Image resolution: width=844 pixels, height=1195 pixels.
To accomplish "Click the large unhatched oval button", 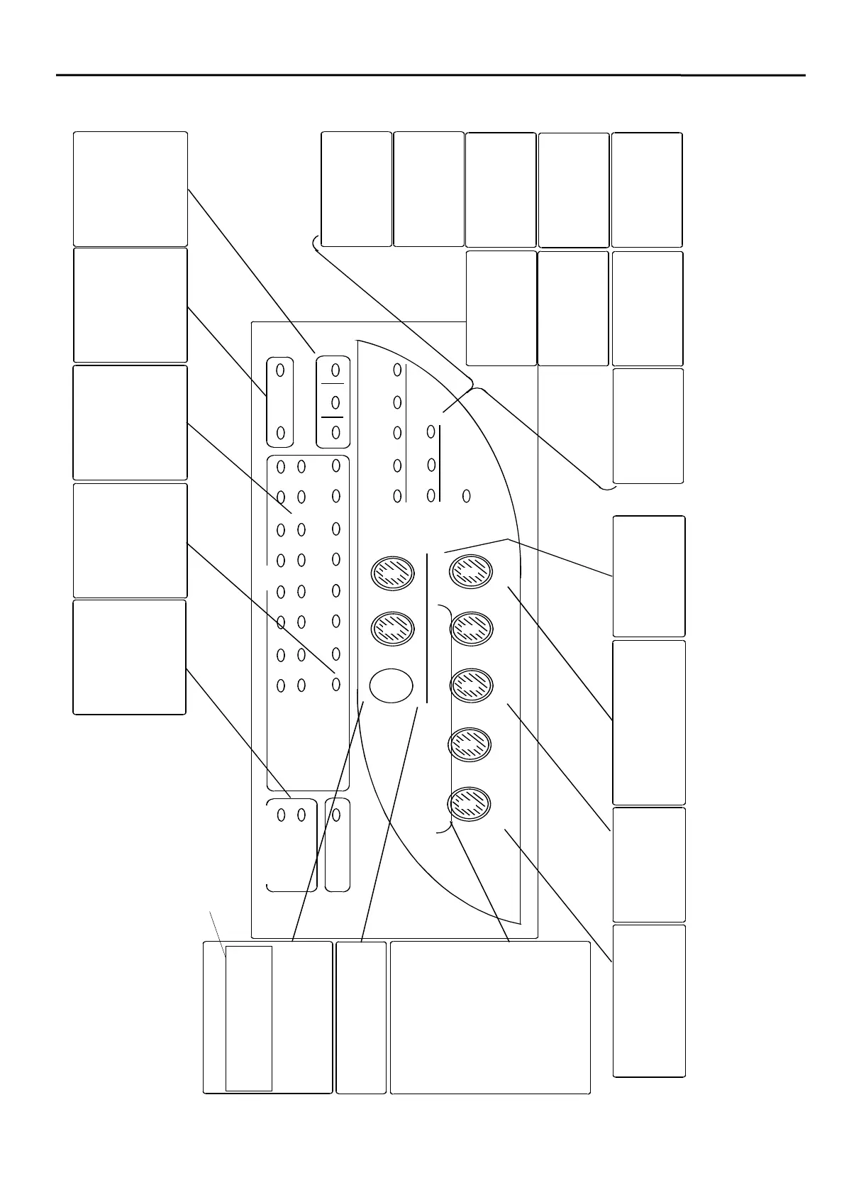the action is pos(391,685).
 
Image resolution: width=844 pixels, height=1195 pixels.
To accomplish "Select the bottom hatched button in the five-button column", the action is pos(470,803).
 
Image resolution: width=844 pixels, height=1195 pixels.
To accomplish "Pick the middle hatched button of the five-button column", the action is pos(471,684).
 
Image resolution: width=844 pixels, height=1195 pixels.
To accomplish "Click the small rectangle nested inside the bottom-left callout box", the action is pos(248,1018).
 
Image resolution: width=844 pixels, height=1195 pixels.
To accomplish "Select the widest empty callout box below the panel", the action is pos(490,1018).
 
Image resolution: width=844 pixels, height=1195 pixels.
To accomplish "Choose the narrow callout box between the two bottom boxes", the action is pos(361,1018).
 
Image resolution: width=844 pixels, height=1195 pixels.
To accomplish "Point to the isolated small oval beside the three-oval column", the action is pos(466,496).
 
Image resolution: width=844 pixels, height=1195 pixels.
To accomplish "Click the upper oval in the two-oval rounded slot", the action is pos(280,370).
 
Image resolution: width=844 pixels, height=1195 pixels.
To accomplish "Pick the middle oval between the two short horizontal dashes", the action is pos(335,402).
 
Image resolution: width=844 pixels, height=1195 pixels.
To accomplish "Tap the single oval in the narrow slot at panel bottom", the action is pos(336,815).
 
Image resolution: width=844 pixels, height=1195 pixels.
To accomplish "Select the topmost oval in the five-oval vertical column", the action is pos(397,370).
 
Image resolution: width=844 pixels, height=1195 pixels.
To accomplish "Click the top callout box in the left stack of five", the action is pos(131,189).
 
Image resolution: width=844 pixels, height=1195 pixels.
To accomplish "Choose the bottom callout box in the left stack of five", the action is pos(130,657).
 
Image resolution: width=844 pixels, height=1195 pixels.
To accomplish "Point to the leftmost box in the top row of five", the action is pos(356,189).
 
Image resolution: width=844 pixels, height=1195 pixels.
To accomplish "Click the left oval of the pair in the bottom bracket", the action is pos(281,815).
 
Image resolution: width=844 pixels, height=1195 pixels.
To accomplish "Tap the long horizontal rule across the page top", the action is pos(426,75).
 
